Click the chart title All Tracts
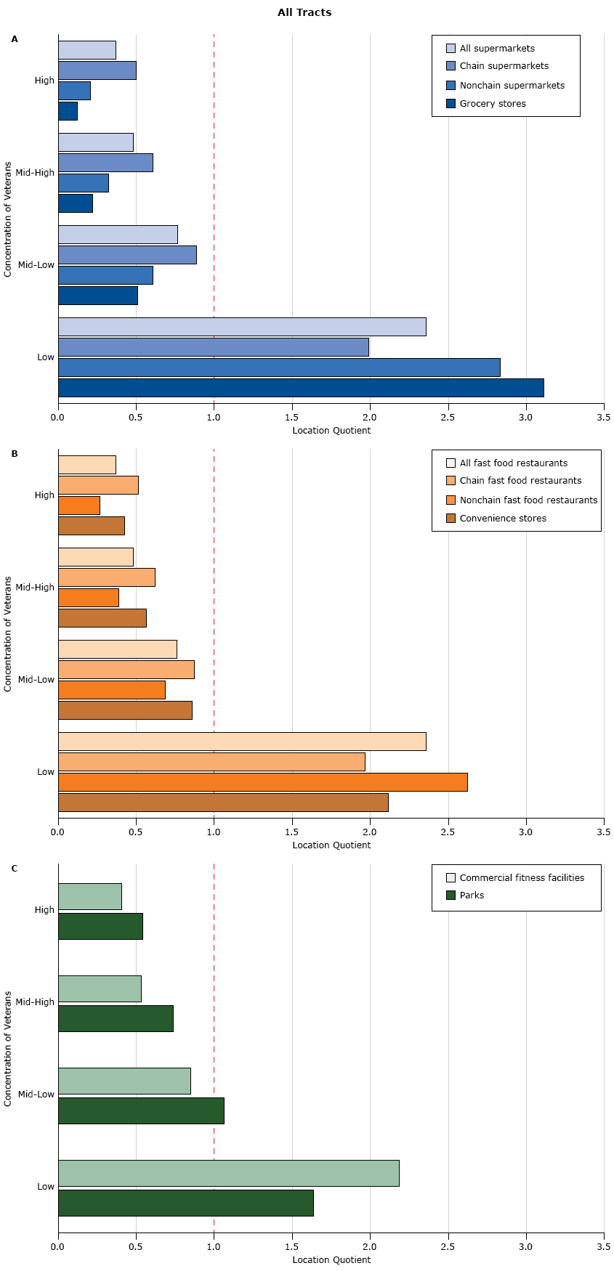click(x=304, y=12)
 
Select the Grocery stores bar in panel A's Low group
click(x=301, y=388)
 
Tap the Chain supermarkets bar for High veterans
click(x=97, y=70)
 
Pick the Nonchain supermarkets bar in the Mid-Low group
click(x=105, y=275)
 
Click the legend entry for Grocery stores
click(x=492, y=104)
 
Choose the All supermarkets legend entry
click(x=496, y=49)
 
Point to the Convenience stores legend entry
click(x=502, y=519)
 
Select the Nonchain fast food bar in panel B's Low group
click(x=262, y=782)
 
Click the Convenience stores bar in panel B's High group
click(x=92, y=526)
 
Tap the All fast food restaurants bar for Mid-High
click(x=96, y=557)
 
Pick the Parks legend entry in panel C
click(x=472, y=896)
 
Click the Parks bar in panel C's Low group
click(x=186, y=1203)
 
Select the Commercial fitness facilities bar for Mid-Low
click(x=124, y=1081)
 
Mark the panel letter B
click(x=15, y=454)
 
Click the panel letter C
click(x=15, y=869)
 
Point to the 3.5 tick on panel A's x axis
click(x=603, y=418)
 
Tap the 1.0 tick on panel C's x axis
click(x=214, y=1247)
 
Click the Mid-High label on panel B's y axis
click(x=35, y=588)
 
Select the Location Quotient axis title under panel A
click(x=331, y=431)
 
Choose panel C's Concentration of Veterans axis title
click(x=8, y=1048)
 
